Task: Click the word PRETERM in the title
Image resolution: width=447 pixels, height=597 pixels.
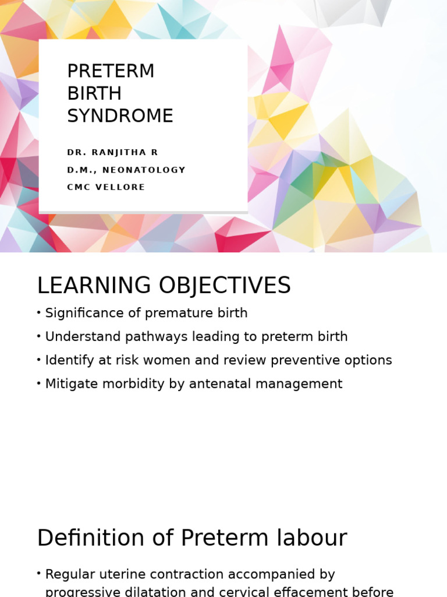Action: tap(111, 71)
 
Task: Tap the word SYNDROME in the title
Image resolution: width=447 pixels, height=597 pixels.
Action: tap(120, 116)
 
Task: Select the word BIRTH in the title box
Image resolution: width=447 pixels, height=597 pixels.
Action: tap(94, 93)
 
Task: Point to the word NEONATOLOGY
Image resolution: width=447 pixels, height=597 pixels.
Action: tap(144, 170)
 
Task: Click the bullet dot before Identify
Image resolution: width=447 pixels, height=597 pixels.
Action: tap(39, 360)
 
